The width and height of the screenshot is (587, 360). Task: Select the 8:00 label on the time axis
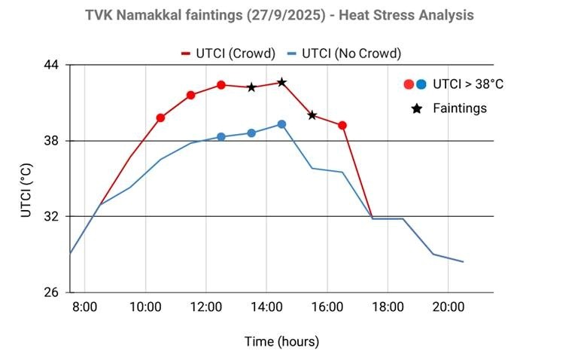click(84, 307)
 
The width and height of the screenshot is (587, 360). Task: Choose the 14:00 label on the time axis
click(266, 307)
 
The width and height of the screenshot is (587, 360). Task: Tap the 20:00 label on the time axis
click(448, 307)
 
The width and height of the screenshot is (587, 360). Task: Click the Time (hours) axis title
click(281, 341)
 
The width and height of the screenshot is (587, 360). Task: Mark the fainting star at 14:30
click(281, 82)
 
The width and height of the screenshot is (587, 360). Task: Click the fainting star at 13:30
click(251, 87)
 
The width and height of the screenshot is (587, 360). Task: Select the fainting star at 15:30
click(312, 115)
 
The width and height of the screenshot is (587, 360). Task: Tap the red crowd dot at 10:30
click(160, 118)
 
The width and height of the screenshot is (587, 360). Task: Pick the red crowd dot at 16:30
click(342, 125)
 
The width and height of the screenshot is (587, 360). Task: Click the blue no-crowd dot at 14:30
click(281, 124)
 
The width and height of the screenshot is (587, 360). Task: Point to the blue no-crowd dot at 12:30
click(221, 137)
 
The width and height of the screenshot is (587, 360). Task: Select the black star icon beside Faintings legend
click(416, 108)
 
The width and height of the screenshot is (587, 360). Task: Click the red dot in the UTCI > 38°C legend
click(408, 84)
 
